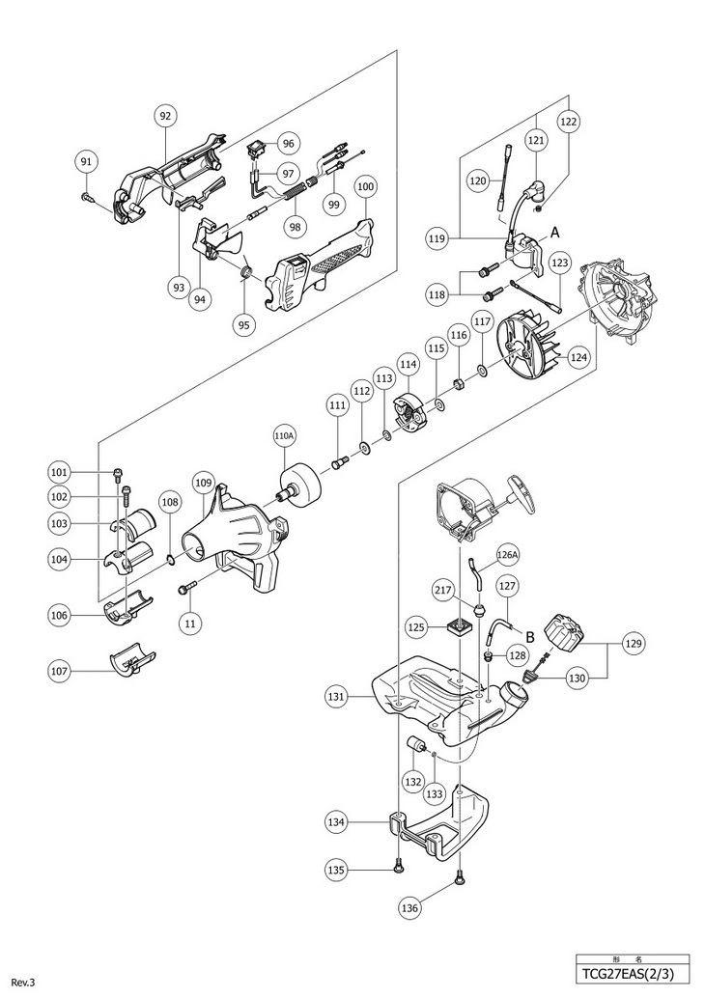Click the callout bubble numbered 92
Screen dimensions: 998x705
165,116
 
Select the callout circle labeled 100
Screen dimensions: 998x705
366,186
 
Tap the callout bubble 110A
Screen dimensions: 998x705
284,437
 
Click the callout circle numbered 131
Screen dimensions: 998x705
335,695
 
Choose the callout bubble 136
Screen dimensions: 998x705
409,906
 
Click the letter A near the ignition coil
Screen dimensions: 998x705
555,232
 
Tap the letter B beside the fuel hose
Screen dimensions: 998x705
529,634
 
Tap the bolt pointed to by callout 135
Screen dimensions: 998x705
398,870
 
